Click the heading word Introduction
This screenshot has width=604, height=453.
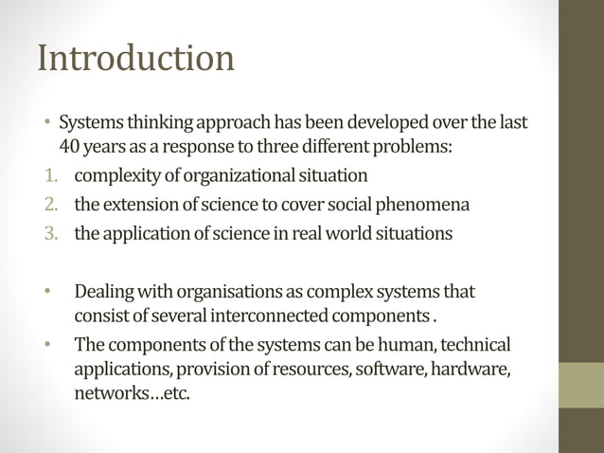(x=135, y=59)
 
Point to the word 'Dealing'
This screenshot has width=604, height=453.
(x=105, y=290)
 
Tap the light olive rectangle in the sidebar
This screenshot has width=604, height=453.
(x=580, y=385)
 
